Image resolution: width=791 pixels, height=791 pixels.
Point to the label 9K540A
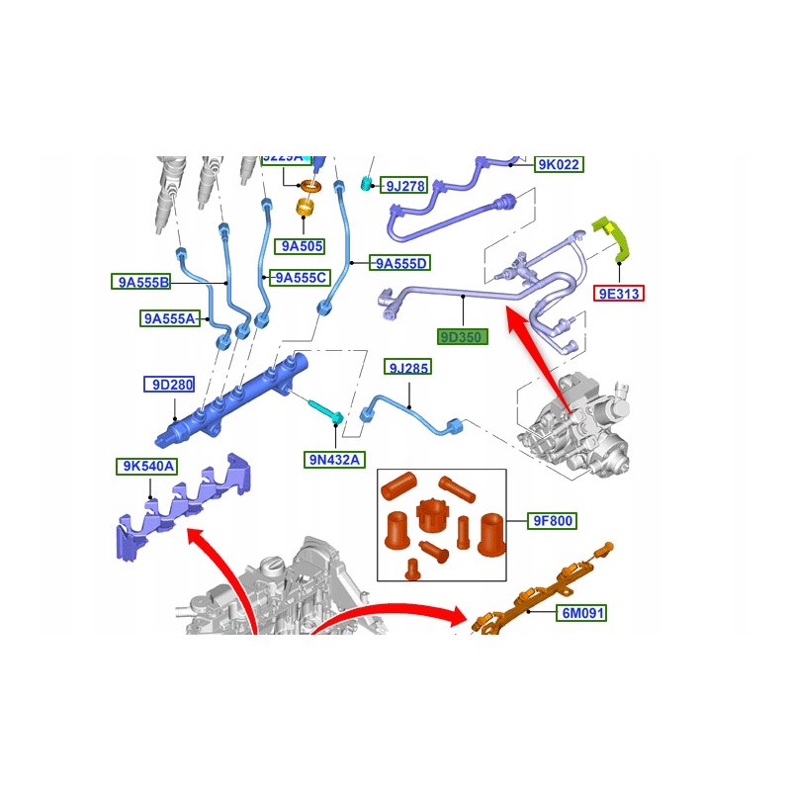(x=148, y=467)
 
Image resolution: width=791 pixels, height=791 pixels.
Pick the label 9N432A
(x=334, y=459)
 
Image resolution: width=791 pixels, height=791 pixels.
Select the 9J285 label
(x=408, y=369)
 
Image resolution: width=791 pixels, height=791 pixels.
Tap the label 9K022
(x=558, y=165)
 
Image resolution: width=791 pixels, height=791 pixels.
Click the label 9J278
(x=405, y=185)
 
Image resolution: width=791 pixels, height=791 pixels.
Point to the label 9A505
(x=302, y=247)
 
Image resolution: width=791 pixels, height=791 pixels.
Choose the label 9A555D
(x=401, y=263)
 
